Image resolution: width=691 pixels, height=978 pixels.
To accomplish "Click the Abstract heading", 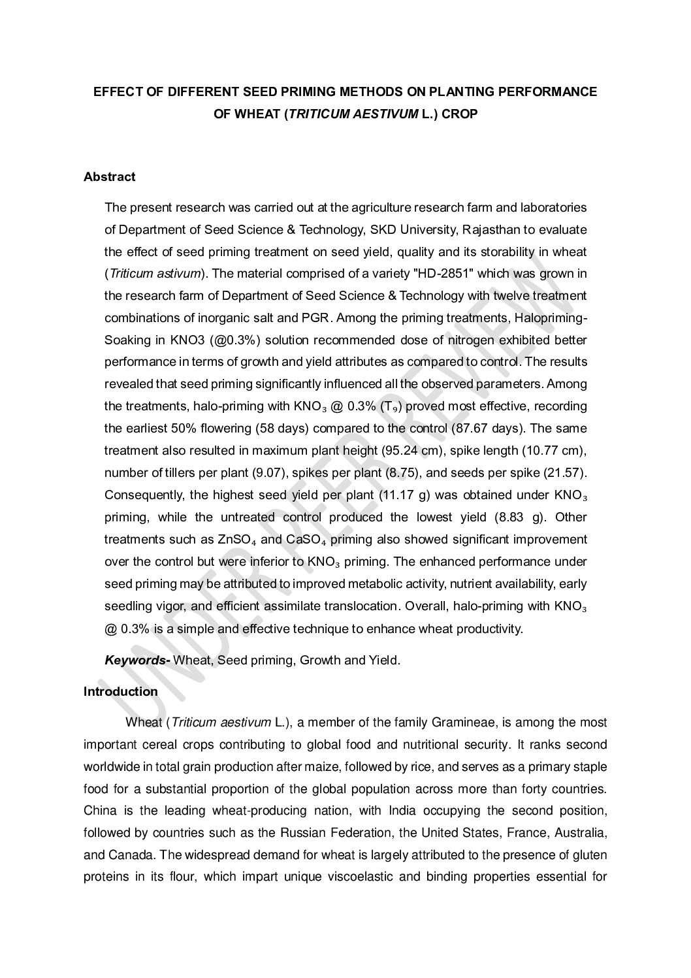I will point(109,176).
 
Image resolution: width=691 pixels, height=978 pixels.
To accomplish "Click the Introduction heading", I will point(120,692).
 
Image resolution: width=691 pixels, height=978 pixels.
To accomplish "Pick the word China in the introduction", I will point(99,811).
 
